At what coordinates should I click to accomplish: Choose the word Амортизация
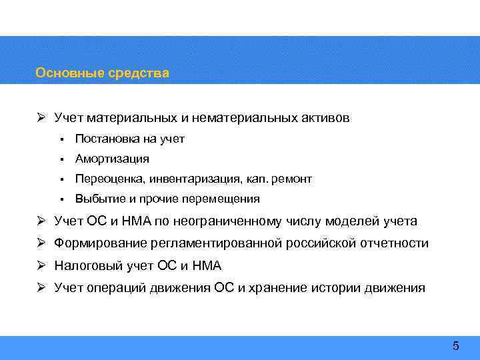[x=112, y=159]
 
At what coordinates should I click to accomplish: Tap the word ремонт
[x=290, y=179]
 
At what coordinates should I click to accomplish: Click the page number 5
[x=456, y=345]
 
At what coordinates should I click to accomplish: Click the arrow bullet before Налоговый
[x=41, y=266]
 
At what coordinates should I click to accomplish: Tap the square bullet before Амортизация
[x=60, y=159]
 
